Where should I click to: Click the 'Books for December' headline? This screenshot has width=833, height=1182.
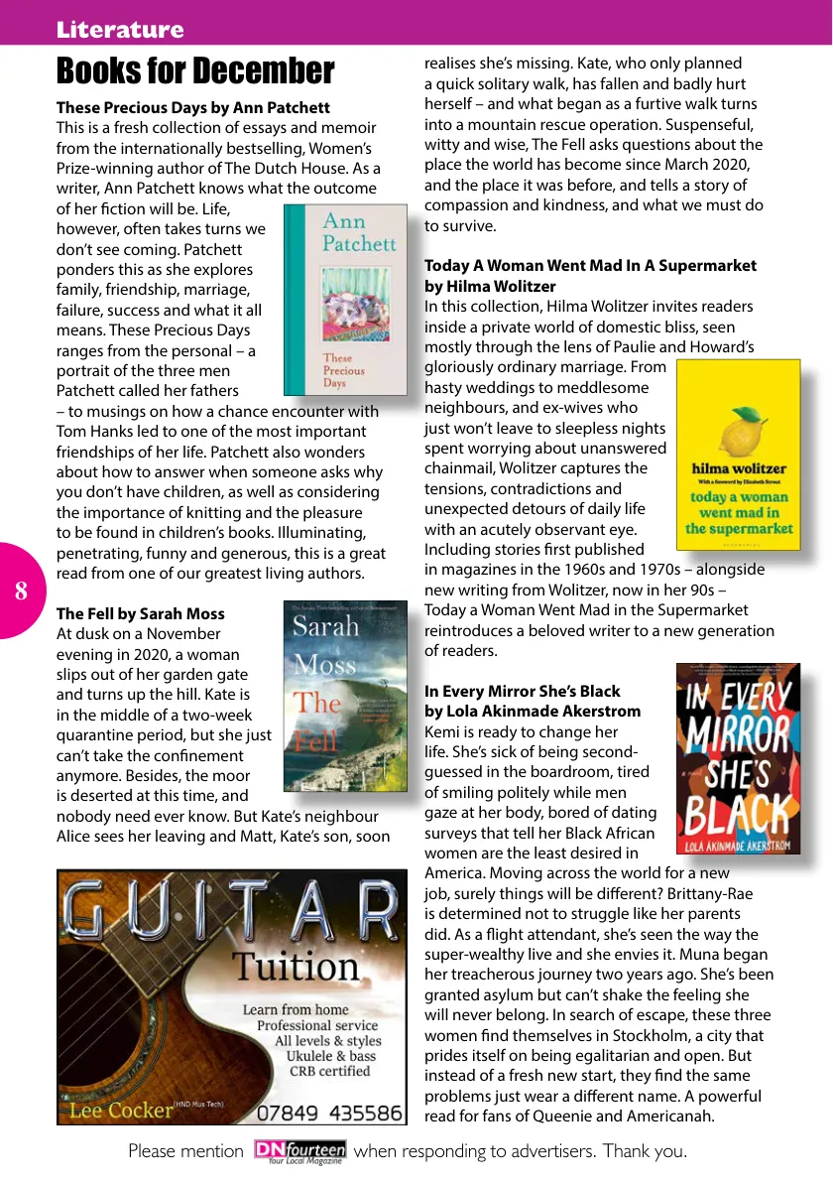[x=195, y=71]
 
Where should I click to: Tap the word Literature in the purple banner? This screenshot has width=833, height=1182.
[x=120, y=30]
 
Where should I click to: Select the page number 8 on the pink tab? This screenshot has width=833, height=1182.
[x=21, y=591]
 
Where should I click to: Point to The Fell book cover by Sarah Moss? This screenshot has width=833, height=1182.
[x=344, y=696]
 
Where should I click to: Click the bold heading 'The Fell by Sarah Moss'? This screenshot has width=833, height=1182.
[x=141, y=613]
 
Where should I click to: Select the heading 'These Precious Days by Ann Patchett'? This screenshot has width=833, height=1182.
[x=193, y=107]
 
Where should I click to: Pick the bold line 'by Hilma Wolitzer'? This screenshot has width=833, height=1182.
[x=490, y=286]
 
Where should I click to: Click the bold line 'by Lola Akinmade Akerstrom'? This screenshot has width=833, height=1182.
[x=533, y=711]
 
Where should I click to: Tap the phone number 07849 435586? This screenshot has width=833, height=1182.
[x=330, y=1113]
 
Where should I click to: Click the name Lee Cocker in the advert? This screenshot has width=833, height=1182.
[x=121, y=1111]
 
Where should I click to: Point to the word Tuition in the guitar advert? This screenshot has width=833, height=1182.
[x=297, y=966]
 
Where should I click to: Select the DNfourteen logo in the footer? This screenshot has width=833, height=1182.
[x=298, y=1152]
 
